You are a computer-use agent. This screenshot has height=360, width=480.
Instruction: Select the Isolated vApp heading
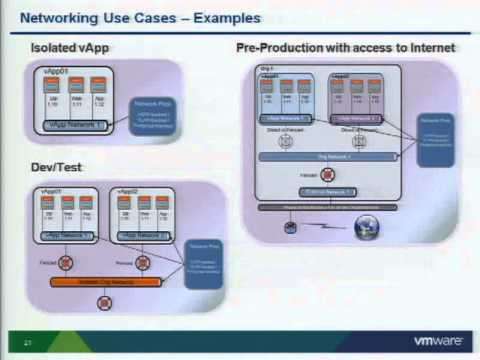pos(62,48)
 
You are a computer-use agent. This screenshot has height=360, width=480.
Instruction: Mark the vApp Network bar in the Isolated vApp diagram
pos(75,124)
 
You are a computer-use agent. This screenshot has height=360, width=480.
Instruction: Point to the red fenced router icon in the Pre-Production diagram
pos(327,174)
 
